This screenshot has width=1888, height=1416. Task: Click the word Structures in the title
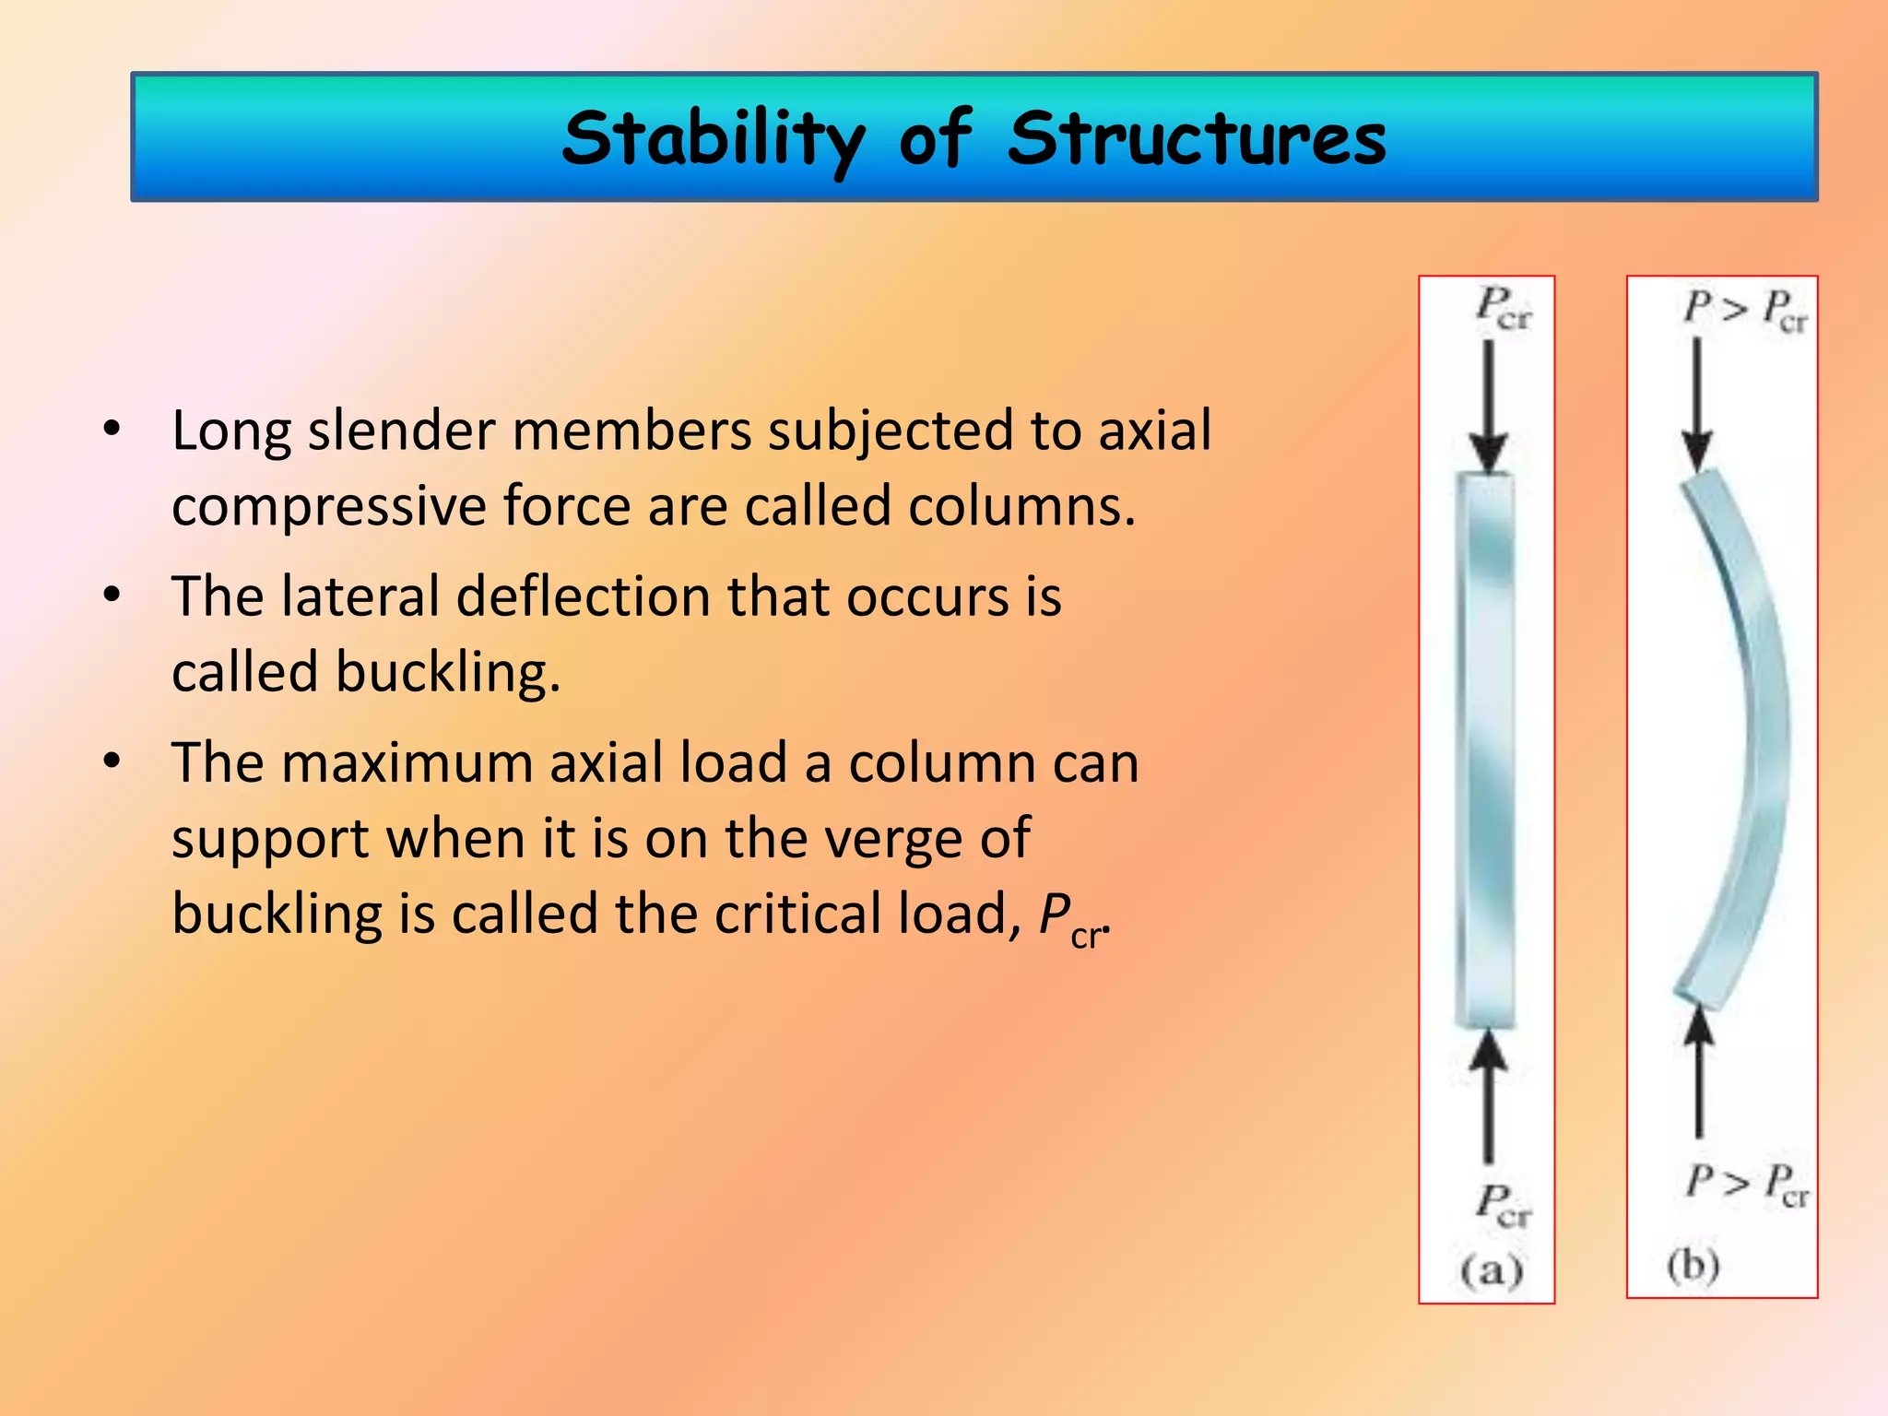pos(1197,138)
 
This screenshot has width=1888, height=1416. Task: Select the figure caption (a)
pos(1491,1270)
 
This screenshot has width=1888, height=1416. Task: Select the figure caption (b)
pos(1693,1265)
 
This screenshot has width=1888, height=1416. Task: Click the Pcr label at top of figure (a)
pos(1503,308)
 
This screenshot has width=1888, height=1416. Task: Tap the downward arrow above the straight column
pos(1488,406)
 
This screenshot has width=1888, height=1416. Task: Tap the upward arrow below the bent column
pos(1699,1074)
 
